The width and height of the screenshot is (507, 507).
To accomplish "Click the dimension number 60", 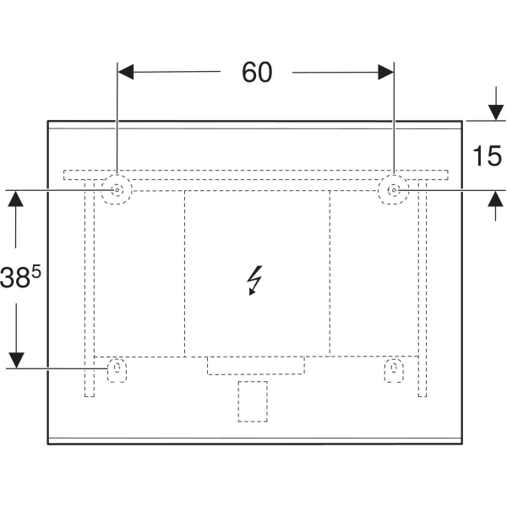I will [257, 74].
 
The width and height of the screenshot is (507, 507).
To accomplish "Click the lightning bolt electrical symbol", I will [253, 281].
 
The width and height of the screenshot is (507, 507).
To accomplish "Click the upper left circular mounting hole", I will [117, 191].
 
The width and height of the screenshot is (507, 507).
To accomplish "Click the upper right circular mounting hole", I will [394, 191].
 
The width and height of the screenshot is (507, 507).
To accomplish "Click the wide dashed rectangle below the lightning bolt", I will [255, 365].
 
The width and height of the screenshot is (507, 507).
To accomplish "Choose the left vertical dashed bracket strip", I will [88, 287].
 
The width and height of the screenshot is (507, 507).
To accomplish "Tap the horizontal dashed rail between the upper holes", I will [253, 175].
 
